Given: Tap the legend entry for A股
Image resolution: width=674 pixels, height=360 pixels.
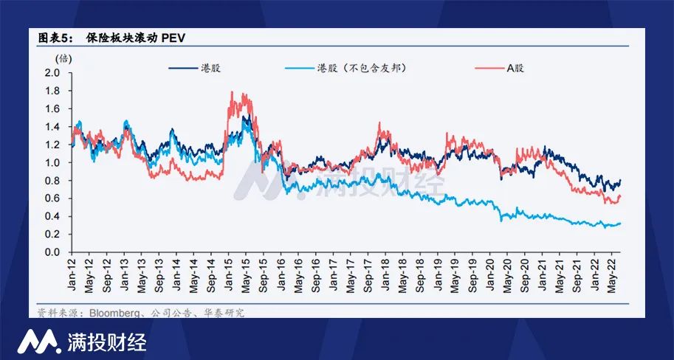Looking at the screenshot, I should click(515, 68).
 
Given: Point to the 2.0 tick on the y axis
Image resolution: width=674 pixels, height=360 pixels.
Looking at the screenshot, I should click(52, 73).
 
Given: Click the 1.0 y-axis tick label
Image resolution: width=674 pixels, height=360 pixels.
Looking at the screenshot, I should click(52, 162).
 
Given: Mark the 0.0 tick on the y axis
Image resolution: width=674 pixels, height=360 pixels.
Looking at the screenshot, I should click(52, 252).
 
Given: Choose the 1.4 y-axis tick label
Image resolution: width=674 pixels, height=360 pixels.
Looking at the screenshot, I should click(52, 127).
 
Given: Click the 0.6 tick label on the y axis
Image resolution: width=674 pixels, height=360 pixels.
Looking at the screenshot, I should click(52, 198).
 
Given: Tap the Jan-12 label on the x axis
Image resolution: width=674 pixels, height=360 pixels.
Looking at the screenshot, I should click(72, 274).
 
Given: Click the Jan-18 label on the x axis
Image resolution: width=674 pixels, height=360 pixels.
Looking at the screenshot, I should click(385, 274).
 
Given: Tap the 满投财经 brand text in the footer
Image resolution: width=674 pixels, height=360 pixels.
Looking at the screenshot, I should click(107, 342).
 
